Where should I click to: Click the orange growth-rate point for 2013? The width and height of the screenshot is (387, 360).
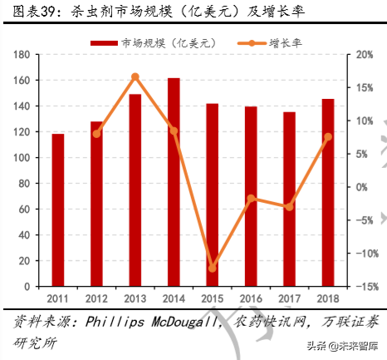tap(135, 76)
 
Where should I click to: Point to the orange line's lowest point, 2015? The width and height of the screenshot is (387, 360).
tap(213, 269)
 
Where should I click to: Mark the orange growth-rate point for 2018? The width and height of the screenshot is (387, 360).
tap(328, 136)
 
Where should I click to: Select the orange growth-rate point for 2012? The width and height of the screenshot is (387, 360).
tap(96, 133)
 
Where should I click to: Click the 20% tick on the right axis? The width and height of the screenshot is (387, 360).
tap(359, 55)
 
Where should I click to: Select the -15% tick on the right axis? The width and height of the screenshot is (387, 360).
tap(359, 287)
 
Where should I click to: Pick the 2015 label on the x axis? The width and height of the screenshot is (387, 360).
tap(213, 298)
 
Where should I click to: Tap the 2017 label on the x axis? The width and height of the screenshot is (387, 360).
tap(290, 298)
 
